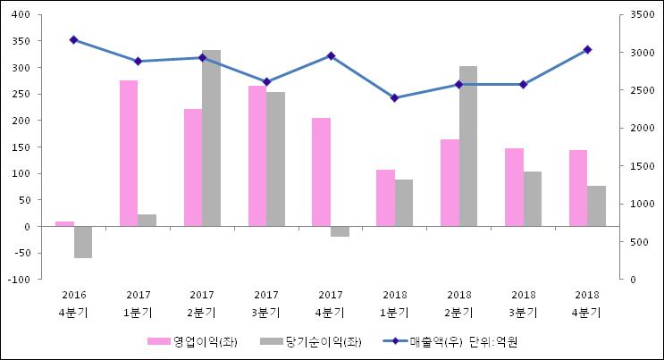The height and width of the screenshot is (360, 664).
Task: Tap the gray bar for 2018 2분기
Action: (x=468, y=147)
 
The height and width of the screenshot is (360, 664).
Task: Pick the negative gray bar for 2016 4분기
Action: (x=83, y=242)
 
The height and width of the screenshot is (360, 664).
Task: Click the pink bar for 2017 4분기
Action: (x=321, y=172)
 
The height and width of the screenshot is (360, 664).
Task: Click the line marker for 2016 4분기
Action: (x=73, y=40)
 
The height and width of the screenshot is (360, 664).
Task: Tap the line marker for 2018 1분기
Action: (x=395, y=98)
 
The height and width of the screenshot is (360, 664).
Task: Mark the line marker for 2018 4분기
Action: (x=587, y=50)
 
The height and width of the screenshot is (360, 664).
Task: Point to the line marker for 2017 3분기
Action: (x=266, y=81)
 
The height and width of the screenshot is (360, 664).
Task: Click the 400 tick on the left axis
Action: (x=19, y=15)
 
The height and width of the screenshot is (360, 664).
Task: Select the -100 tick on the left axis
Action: (x=17, y=280)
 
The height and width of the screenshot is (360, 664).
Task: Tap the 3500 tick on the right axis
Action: (x=640, y=15)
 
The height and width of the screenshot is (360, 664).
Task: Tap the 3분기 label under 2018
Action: (x=524, y=314)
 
